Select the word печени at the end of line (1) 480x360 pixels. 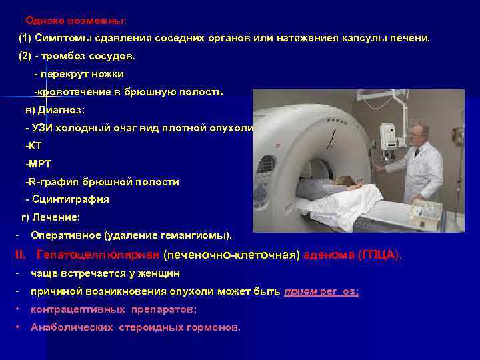tap(413, 39)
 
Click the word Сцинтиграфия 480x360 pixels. tap(69, 199)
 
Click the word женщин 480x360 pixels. tap(158, 273)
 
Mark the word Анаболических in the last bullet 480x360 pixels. tap(73, 327)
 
